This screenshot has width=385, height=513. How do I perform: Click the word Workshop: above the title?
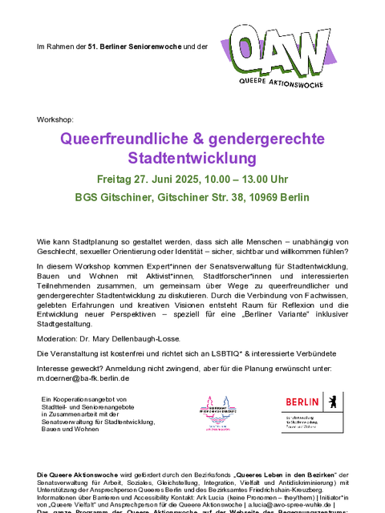54,119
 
